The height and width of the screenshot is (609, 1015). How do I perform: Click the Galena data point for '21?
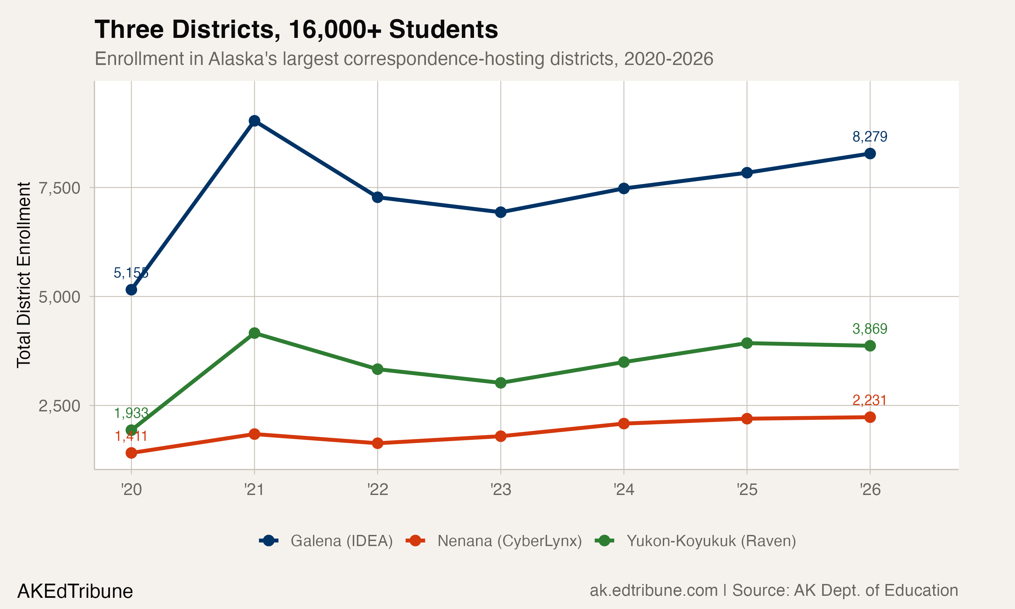pyautogui.click(x=254, y=121)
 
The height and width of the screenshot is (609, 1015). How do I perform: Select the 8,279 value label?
pyautogui.click(x=870, y=137)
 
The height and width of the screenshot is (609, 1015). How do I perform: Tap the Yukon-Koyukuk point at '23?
pyautogui.click(x=500, y=383)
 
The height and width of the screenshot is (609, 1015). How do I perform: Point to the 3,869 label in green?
pyautogui.click(x=870, y=329)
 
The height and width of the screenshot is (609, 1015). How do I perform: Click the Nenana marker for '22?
pyautogui.click(x=378, y=443)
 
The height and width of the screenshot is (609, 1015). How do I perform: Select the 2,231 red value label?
pyautogui.click(x=870, y=400)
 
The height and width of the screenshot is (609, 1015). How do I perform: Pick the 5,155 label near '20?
pyautogui.click(x=131, y=272)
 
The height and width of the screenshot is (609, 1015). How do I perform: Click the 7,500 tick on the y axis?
pyautogui.click(x=59, y=188)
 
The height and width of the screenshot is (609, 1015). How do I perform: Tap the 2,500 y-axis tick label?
pyautogui.click(x=59, y=406)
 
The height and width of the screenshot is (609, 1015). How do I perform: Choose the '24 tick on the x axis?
pyautogui.click(x=624, y=490)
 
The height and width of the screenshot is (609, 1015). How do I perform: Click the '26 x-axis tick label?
pyautogui.click(x=870, y=490)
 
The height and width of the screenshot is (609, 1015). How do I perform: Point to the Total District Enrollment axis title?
pyautogui.click(x=24, y=275)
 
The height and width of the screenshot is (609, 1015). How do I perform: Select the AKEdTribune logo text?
pyautogui.click(x=75, y=591)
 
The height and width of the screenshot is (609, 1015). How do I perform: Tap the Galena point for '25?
pyautogui.click(x=747, y=173)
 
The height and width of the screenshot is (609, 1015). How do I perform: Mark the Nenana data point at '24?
pyautogui.click(x=624, y=424)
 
